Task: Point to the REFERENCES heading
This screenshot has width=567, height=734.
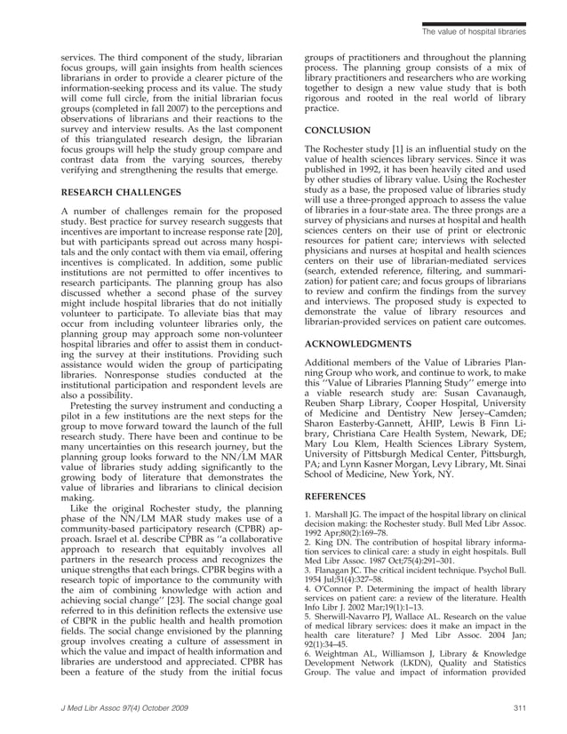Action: (339, 498)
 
